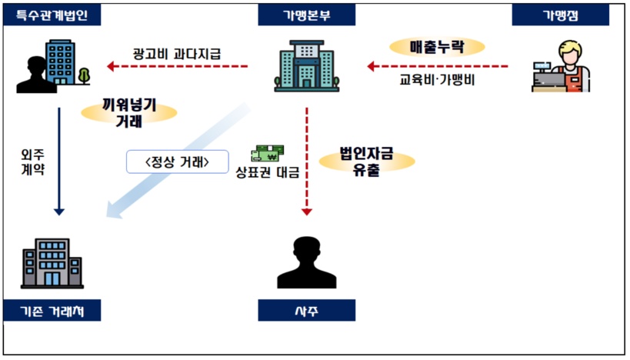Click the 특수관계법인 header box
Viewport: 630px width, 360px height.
point(53,15)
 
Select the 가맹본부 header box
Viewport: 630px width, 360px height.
point(307,15)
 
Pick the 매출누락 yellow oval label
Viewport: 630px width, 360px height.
point(437,47)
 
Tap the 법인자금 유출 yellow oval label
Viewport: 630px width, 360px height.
point(366,162)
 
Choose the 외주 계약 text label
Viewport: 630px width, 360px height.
point(32,161)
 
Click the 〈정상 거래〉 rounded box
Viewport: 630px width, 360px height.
point(178,162)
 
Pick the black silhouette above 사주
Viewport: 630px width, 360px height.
point(306,262)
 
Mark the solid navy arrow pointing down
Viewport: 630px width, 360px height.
point(58,162)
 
